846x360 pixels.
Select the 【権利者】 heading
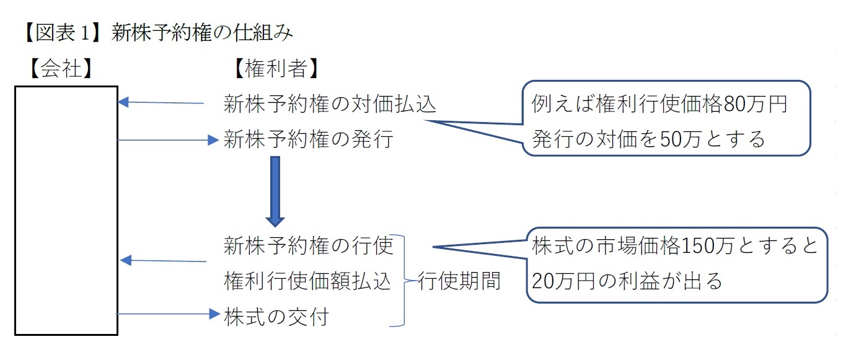pyautogui.click(x=276, y=69)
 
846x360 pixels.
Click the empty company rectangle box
pyautogui.click(x=66, y=211)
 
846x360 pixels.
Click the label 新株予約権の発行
pyautogui.click(x=308, y=140)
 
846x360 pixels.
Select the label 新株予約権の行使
pyautogui.click(x=308, y=246)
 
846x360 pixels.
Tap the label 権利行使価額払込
pyautogui.click(x=307, y=281)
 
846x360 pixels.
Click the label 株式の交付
pyautogui.click(x=276, y=317)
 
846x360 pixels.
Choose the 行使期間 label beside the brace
pyautogui.click(x=459, y=281)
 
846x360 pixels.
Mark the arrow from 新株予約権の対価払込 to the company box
pyautogui.click(x=161, y=103)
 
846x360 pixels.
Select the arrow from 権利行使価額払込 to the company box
pyautogui.click(x=162, y=261)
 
